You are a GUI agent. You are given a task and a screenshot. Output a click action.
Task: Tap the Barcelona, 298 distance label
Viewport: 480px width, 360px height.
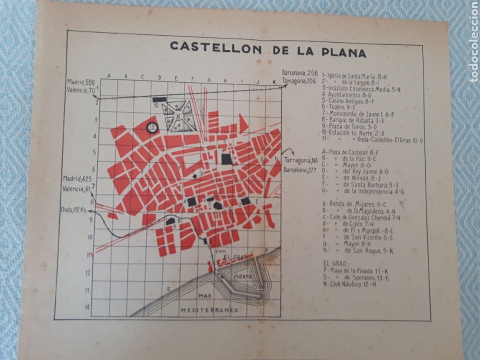(x=300, y=73)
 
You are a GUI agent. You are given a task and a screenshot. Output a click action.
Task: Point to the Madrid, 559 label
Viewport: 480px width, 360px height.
(x=81, y=82)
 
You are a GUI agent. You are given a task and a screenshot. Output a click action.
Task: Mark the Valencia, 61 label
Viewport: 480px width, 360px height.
(x=76, y=188)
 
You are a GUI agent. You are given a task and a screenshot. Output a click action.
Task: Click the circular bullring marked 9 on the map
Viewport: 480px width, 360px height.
(x=152, y=127)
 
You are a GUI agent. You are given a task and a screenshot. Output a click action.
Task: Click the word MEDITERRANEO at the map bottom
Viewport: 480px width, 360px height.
(x=209, y=310)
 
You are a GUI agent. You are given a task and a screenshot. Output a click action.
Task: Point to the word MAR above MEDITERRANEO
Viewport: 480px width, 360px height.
(x=204, y=296)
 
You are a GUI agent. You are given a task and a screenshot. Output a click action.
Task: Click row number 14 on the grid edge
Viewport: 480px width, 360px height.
(x=87, y=307)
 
